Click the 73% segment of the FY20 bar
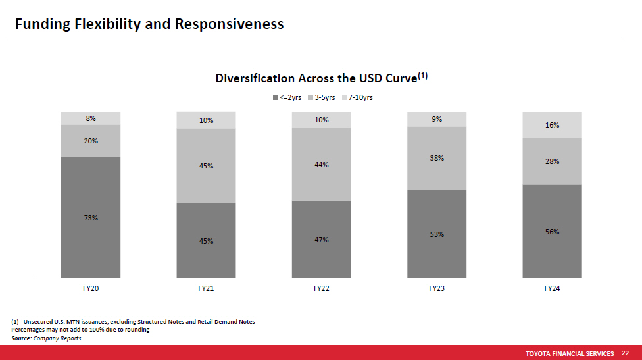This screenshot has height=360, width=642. (x=91, y=217)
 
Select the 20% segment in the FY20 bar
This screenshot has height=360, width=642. (x=91, y=141)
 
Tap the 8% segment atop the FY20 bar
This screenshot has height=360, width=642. (x=91, y=118)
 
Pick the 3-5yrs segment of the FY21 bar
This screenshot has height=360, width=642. (x=206, y=167)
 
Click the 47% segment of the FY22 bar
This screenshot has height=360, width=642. (x=322, y=239)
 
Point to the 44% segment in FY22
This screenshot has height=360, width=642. (x=322, y=165)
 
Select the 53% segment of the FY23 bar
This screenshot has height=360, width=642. (x=437, y=234)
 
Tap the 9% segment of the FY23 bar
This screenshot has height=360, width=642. (x=437, y=119)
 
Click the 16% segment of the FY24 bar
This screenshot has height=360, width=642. (x=552, y=125)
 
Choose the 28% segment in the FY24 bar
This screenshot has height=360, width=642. (x=552, y=161)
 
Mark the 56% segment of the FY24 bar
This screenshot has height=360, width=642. (x=552, y=232)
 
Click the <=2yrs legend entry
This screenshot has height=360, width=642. (x=287, y=97)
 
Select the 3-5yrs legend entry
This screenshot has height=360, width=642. (x=322, y=97)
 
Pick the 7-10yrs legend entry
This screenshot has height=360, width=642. (x=357, y=97)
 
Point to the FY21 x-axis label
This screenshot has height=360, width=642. (x=206, y=288)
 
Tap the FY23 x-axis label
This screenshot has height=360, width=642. (x=437, y=288)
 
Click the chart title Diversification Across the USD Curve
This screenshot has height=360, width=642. (x=322, y=78)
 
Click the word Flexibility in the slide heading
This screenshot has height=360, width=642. (x=108, y=24)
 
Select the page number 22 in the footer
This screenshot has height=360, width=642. (x=625, y=353)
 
